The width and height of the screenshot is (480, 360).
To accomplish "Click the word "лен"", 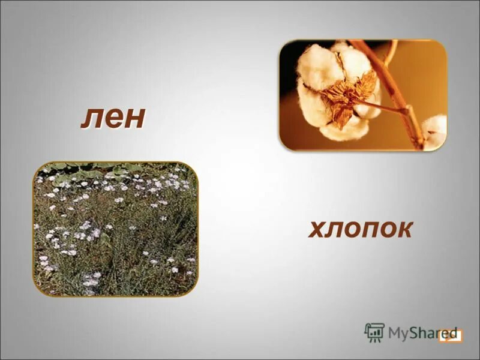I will click(x=113, y=117).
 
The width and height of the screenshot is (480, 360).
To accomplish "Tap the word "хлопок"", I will click(x=361, y=229).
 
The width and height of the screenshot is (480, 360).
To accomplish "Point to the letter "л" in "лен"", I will click(x=90, y=118).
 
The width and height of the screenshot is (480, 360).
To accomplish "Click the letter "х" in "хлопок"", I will click(x=317, y=229).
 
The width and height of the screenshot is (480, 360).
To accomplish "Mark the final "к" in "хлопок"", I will click(x=404, y=229).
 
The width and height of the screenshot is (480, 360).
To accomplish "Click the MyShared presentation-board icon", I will click(x=374, y=332).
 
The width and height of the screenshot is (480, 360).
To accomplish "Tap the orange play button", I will click(x=450, y=335).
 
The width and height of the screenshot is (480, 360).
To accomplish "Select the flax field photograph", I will click(x=115, y=229).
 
